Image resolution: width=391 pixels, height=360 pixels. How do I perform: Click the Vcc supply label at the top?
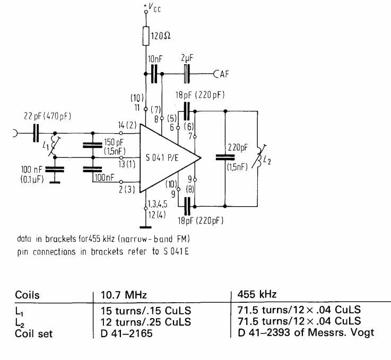point(153,9)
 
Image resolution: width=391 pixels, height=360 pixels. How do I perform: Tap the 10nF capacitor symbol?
point(154,74)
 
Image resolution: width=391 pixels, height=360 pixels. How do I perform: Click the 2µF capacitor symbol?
point(186,74)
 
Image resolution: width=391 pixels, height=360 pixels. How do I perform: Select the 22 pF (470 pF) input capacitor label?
point(40,115)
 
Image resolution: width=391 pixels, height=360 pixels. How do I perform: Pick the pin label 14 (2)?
point(128,125)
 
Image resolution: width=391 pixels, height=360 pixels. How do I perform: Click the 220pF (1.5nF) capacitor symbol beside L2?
point(225,157)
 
